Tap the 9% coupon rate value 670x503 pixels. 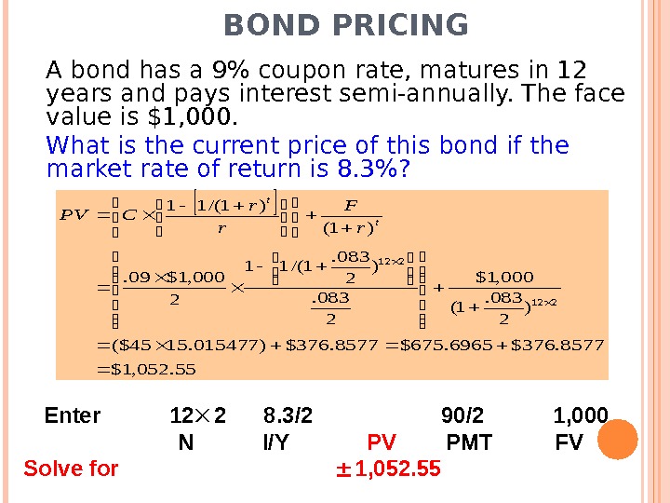pos(229,71)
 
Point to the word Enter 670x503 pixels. pos(73,416)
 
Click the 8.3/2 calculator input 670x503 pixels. pos(288,416)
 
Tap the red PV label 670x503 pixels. pos(382,442)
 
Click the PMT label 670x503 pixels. pos(469,442)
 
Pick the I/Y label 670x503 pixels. pos(276,442)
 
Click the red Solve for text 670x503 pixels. pos(71,469)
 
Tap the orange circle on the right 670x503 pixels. pos(617,439)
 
